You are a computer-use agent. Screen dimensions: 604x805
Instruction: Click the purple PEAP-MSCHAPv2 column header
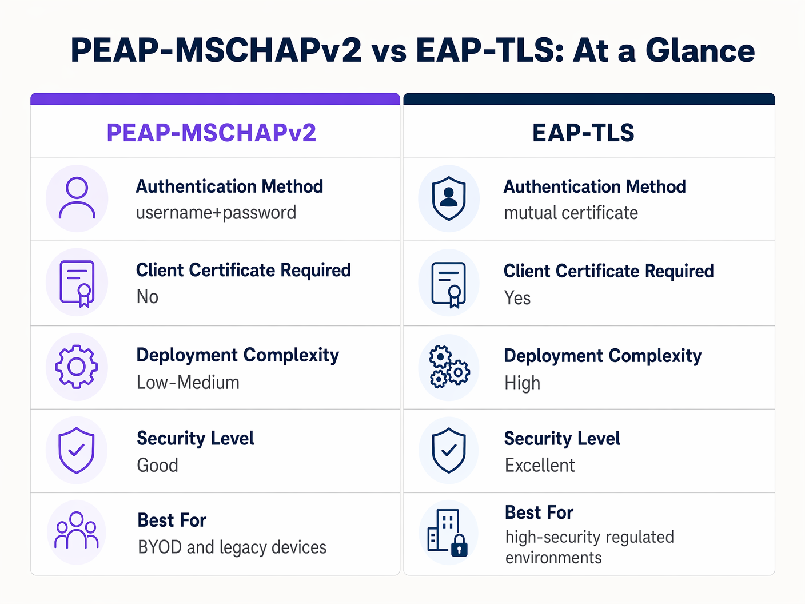(212, 133)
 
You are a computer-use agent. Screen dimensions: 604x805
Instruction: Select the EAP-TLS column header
(583, 133)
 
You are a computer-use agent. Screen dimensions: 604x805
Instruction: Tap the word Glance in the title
(700, 50)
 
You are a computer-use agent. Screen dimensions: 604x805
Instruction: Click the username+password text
(216, 213)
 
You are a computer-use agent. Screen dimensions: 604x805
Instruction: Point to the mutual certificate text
(571, 213)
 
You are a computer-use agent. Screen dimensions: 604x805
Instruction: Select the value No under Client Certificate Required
(148, 297)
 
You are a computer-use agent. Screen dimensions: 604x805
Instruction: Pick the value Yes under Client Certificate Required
(517, 298)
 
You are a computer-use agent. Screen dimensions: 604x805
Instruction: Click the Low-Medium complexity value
(188, 382)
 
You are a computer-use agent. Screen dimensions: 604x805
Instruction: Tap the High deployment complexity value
(522, 383)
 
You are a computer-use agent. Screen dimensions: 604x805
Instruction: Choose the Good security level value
(158, 465)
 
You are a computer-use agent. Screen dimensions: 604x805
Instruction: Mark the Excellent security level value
(540, 466)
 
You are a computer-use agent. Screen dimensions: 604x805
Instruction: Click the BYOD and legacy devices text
(232, 547)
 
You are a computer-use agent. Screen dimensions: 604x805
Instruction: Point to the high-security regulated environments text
(589, 547)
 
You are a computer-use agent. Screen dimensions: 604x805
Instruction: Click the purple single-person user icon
(77, 198)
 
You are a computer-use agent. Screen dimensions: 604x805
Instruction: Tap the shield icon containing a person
(449, 198)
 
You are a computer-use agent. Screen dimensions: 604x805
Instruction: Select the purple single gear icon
(77, 367)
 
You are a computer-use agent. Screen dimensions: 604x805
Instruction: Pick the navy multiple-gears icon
(449, 367)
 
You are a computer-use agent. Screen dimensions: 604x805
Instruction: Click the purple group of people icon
(77, 531)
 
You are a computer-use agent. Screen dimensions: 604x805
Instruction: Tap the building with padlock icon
(448, 533)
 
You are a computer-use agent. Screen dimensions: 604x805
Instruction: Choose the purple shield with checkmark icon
(77, 450)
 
